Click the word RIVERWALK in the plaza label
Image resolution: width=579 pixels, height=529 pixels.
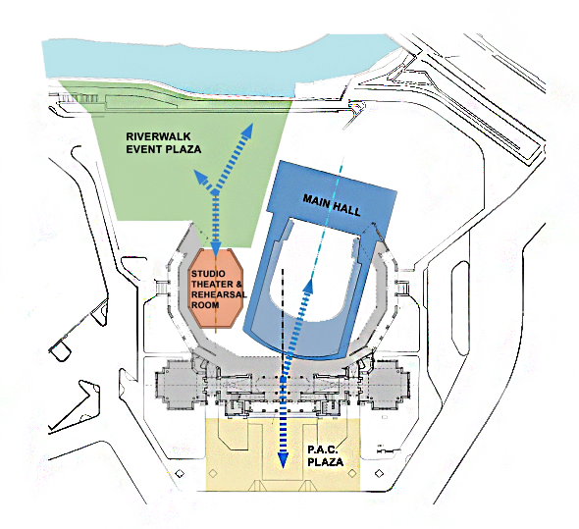[158, 136]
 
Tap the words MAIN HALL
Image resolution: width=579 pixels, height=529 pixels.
[332, 205]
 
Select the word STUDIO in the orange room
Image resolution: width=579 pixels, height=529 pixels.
[208, 274]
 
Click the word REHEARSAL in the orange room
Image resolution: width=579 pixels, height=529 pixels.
[219, 294]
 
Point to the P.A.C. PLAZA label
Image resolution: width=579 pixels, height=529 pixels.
[325, 455]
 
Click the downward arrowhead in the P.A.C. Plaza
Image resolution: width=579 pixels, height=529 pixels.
[283, 460]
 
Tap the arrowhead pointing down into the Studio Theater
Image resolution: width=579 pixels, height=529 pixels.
[216, 248]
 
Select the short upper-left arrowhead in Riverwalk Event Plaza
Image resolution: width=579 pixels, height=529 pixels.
[200, 178]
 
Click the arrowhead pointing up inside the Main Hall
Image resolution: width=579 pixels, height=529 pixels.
[308, 285]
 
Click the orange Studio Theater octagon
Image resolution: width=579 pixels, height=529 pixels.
[216, 289]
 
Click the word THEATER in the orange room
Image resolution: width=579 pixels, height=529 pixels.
[212, 284]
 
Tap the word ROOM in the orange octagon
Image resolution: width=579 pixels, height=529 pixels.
[205, 305]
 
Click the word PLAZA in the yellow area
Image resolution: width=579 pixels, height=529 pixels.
[325, 462]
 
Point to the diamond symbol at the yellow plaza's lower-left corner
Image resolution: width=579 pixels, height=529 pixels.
[213, 473]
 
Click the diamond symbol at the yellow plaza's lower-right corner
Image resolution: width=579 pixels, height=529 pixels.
[352, 473]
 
